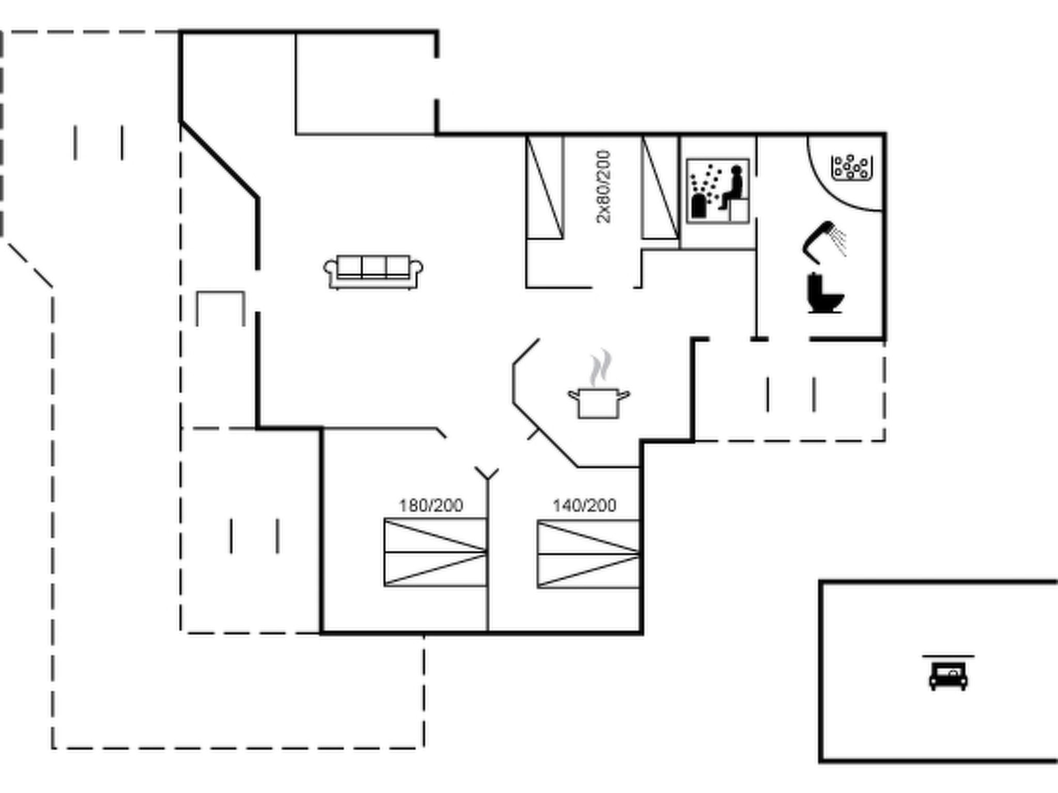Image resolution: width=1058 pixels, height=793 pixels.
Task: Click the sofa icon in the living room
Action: [373, 272]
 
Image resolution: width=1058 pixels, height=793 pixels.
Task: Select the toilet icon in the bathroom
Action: [825, 293]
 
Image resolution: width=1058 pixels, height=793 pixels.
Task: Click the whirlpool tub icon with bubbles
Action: [852, 168]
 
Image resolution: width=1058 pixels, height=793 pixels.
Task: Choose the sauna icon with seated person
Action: [718, 191]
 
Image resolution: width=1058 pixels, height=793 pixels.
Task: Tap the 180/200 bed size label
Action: [431, 505]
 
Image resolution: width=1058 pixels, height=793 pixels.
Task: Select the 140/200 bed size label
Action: [584, 505]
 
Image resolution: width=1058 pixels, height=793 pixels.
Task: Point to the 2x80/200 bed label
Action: [603, 187]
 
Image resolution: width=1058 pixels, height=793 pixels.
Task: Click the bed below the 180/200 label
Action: [435, 552]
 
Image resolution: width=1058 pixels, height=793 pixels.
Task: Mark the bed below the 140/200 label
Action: [588, 554]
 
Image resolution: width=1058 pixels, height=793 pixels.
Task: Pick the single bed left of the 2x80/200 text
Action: [544, 187]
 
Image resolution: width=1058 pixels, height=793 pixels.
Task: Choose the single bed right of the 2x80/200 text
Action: [660, 187]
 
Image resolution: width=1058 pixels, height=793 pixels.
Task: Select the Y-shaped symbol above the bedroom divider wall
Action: [487, 474]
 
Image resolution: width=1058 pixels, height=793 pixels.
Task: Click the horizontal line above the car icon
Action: [948, 656]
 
